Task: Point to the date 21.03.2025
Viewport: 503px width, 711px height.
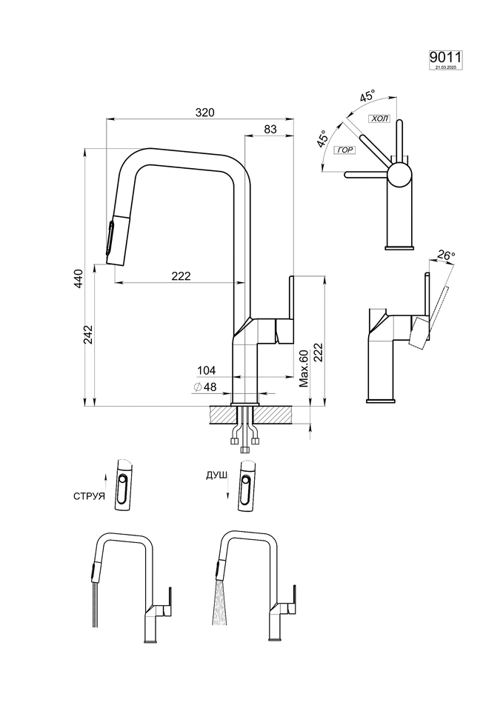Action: click(444, 67)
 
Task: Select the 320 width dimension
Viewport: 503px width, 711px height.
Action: click(205, 113)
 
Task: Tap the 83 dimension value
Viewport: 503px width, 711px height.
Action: click(270, 130)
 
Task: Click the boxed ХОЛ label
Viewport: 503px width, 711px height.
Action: click(379, 118)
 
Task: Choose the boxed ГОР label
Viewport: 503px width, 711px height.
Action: click(345, 150)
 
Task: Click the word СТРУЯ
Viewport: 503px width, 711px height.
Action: click(89, 495)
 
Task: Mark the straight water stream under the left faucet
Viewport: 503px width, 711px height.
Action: click(93, 607)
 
